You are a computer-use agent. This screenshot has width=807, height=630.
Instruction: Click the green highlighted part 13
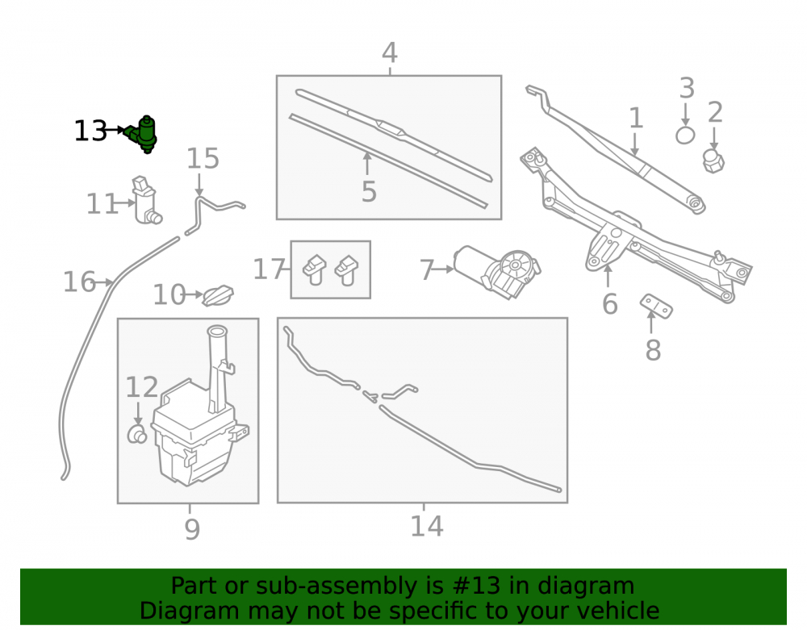point(141,134)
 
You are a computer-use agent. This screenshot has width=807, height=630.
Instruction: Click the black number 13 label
point(90,131)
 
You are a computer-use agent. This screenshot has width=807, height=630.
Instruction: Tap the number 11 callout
point(102,203)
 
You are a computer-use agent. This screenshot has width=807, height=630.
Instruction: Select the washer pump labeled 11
point(146,201)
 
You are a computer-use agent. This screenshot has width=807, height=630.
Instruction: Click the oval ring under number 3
point(685,136)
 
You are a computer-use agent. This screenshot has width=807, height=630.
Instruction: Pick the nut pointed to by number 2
point(713,161)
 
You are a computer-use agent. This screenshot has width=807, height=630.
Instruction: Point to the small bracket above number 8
point(656,306)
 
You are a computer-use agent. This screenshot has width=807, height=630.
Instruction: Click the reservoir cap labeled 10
point(218,296)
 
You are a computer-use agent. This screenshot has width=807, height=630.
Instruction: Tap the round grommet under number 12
point(136,435)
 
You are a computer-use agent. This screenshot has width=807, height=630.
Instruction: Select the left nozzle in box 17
point(315,269)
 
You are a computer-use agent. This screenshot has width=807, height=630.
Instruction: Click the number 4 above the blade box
point(390,52)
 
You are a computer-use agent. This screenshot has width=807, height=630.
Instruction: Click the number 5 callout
point(369,191)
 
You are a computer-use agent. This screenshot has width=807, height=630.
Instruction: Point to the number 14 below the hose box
point(426,526)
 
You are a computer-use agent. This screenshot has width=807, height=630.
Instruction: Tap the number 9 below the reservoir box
point(192,529)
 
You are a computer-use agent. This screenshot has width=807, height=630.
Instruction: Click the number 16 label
point(79,282)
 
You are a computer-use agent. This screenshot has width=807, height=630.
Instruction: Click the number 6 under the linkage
point(610,304)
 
